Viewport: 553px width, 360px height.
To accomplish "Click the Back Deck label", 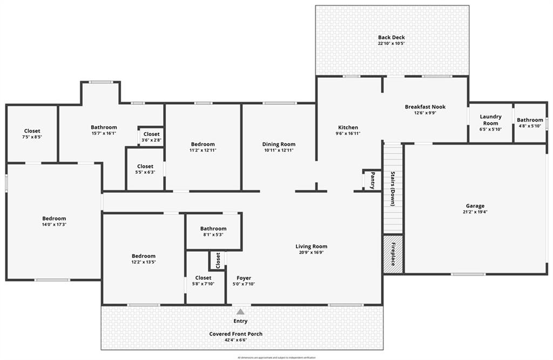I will tap(392, 37).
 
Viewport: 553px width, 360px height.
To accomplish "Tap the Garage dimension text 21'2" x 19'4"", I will tap(475, 212).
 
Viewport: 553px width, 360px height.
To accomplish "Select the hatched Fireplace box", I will tap(393, 254).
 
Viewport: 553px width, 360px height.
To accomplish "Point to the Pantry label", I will tap(372, 180).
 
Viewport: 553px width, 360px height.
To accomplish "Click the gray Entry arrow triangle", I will tap(240, 311).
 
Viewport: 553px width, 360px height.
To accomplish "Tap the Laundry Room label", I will tap(490, 120).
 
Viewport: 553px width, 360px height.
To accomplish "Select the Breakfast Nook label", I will tap(425, 107).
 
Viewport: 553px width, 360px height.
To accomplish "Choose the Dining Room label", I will tap(279, 144).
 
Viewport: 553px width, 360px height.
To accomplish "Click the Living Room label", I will tap(311, 247).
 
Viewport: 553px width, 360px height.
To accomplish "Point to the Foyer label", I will tap(244, 278).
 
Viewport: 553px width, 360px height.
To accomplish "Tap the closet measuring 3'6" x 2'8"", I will tap(151, 137).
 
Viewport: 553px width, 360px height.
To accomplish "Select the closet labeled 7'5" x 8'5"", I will tap(32, 134).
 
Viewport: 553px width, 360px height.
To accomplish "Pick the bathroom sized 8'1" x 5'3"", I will tap(213, 232).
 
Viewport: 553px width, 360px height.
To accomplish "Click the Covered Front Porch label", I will tap(236, 334).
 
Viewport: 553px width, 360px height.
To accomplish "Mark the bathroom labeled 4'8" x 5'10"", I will tap(530, 123).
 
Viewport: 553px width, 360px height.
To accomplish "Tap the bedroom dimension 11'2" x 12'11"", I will tap(203, 150).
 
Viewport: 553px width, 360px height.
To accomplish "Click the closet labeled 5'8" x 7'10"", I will tap(204, 281).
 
